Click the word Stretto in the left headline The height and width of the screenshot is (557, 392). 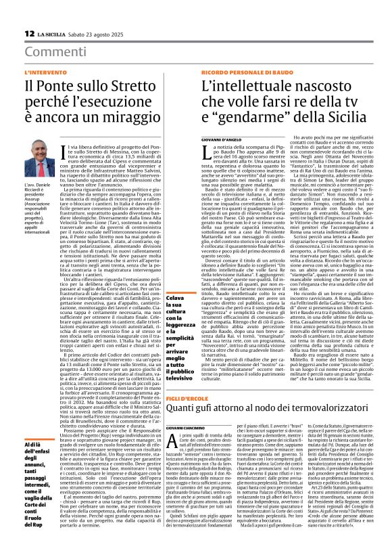click(x=134, y=85)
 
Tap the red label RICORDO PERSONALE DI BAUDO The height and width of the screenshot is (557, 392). click(x=239, y=72)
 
